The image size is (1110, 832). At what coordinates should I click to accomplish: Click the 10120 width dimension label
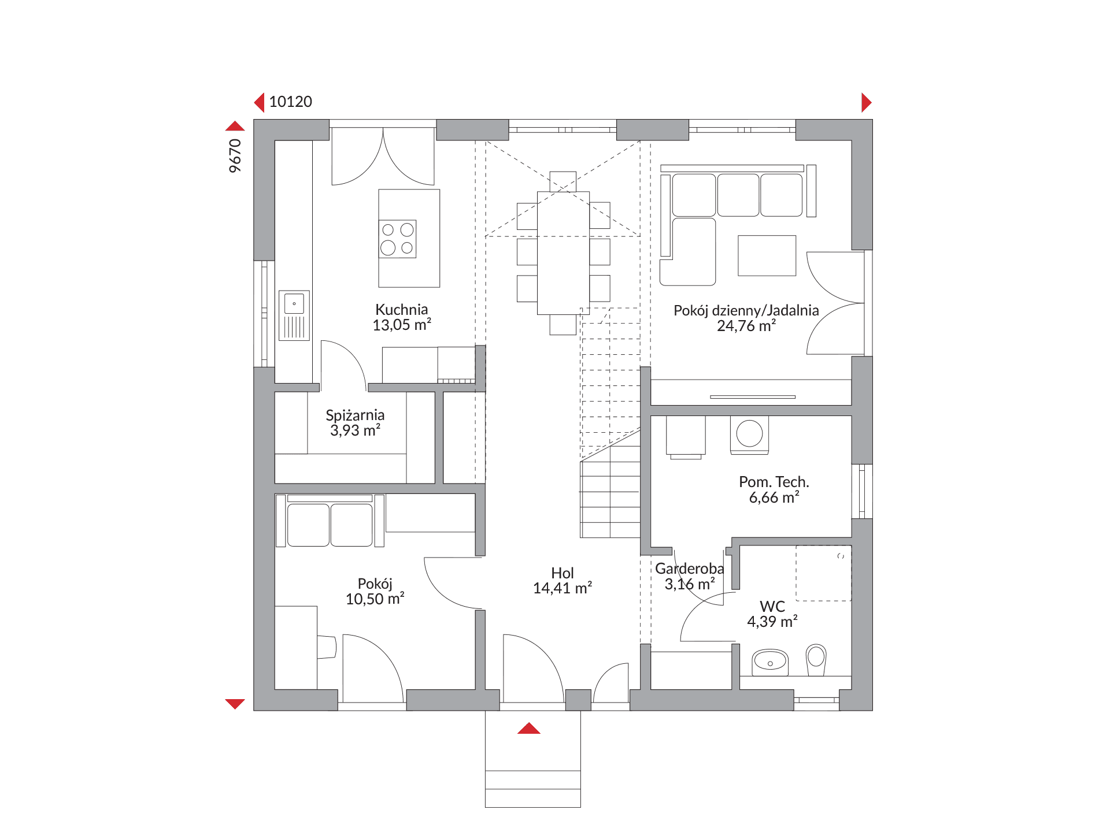tap(290, 102)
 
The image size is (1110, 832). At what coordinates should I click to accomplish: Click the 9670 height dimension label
tap(235, 155)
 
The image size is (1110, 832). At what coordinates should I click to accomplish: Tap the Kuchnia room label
tap(402, 309)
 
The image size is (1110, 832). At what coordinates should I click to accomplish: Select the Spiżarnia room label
tap(355, 415)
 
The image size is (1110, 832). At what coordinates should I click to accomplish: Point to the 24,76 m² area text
tap(746, 326)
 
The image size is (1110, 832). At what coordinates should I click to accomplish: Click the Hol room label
tap(563, 573)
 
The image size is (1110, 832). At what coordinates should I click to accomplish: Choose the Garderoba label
tap(689, 569)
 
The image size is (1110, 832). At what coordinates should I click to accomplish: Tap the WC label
tap(772, 606)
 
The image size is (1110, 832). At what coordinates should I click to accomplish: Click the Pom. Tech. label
tap(774, 482)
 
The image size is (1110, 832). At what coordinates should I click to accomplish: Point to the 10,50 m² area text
tap(375, 599)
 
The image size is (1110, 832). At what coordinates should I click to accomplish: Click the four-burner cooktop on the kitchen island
tap(398, 239)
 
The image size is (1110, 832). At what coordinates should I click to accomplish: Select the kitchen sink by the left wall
tap(294, 315)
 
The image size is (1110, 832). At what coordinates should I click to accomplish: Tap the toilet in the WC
tap(816, 659)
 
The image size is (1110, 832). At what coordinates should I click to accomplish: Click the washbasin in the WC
tap(770, 662)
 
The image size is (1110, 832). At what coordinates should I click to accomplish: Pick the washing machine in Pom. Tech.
tap(750, 434)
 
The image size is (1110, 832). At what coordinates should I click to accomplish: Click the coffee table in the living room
tap(767, 255)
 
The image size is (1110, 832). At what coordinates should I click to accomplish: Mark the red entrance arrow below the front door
tap(528, 728)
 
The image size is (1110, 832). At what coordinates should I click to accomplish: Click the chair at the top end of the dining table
tap(563, 181)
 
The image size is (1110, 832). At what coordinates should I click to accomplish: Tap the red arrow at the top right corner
tap(866, 102)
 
